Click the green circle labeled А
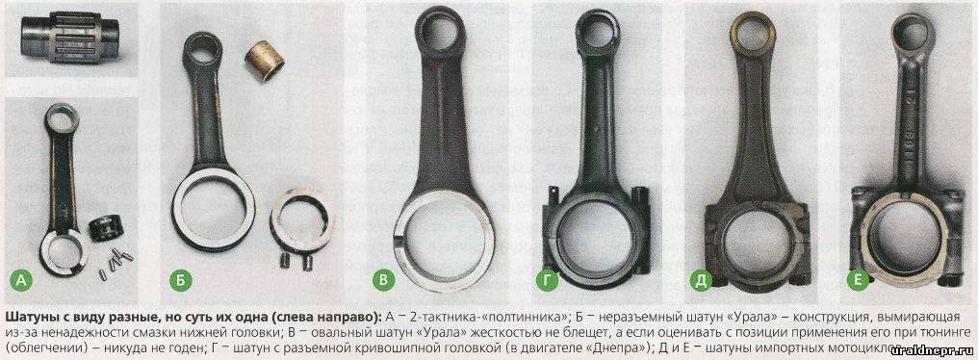click(x=22, y=281)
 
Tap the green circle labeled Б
click(x=178, y=280)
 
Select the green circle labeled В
click(x=383, y=280)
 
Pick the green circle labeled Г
click(x=547, y=280)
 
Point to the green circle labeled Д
click(x=701, y=280)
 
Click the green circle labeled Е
click(x=859, y=280)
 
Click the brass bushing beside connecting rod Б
click(x=263, y=61)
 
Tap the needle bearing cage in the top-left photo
click(x=70, y=39)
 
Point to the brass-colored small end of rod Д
click(x=752, y=32)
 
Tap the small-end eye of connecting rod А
click(x=62, y=118)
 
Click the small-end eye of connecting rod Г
click(x=597, y=30)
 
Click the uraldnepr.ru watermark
click(x=939, y=349)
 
